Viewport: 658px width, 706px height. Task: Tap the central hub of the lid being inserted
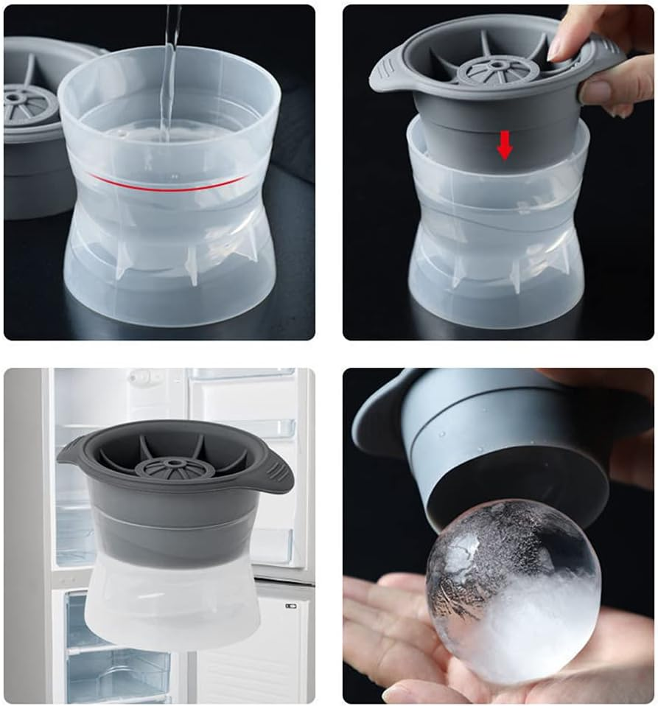499,69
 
